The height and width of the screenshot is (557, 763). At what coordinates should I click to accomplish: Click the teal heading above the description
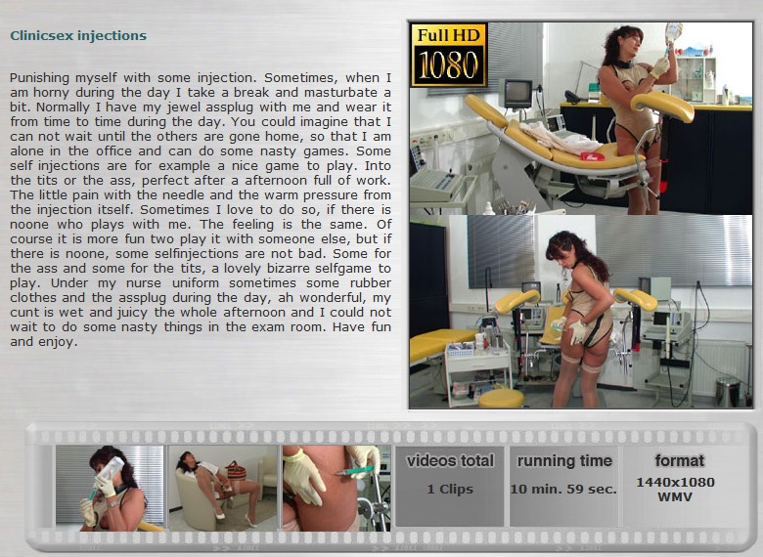click(78, 36)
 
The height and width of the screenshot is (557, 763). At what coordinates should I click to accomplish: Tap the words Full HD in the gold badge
click(449, 35)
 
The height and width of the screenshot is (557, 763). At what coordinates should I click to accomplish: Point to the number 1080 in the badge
click(449, 65)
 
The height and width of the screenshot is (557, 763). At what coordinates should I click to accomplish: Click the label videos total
click(450, 461)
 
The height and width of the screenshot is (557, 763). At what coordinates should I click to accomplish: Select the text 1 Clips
click(450, 489)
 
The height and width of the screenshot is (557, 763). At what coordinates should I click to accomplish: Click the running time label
click(564, 461)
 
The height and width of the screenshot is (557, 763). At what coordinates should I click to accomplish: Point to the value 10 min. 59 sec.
click(563, 489)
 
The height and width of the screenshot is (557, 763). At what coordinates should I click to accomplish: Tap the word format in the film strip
click(679, 460)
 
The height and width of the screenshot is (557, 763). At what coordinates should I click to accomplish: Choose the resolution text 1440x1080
click(675, 482)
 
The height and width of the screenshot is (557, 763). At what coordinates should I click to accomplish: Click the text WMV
click(675, 497)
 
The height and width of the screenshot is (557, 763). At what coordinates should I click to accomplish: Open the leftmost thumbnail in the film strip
click(110, 488)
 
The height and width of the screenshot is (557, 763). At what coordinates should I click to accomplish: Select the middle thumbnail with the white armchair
click(223, 488)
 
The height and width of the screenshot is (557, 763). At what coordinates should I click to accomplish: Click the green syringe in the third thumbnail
click(354, 471)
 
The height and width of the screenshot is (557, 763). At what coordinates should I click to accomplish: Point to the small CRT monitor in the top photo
click(517, 93)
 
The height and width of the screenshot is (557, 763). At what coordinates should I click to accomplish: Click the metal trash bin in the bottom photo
click(728, 392)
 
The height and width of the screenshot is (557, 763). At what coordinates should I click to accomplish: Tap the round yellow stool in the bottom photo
click(501, 399)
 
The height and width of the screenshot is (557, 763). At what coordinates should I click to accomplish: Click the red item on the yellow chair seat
click(593, 156)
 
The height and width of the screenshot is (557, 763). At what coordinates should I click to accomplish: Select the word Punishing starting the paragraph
click(39, 78)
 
